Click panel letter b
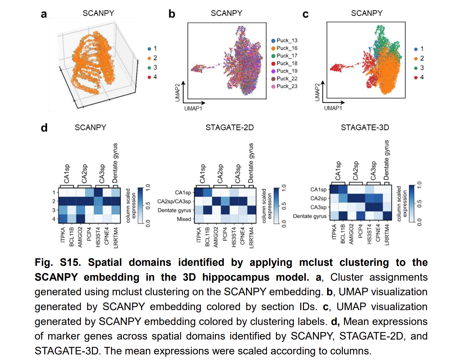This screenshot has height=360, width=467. [x=172, y=14]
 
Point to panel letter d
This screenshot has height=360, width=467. [x=44, y=128]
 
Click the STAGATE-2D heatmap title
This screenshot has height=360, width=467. [x=229, y=128]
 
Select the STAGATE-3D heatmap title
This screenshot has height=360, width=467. [x=365, y=128]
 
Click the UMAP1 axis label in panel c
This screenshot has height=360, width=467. [x=333, y=108]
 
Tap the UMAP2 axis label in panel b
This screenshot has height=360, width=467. [x=178, y=92]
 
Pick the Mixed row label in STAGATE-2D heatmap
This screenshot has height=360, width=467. [x=184, y=219]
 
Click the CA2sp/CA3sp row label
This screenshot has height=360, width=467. [x=174, y=201]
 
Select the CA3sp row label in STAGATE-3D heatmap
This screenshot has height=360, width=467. [x=319, y=207]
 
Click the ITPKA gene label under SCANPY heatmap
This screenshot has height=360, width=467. [x=63, y=235]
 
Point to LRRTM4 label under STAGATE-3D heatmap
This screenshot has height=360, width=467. [x=387, y=235]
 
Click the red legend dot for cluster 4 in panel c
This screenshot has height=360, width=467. [x=416, y=77]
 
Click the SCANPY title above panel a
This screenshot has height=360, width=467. [x=98, y=13]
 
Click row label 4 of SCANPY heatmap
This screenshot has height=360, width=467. [x=54, y=219]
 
